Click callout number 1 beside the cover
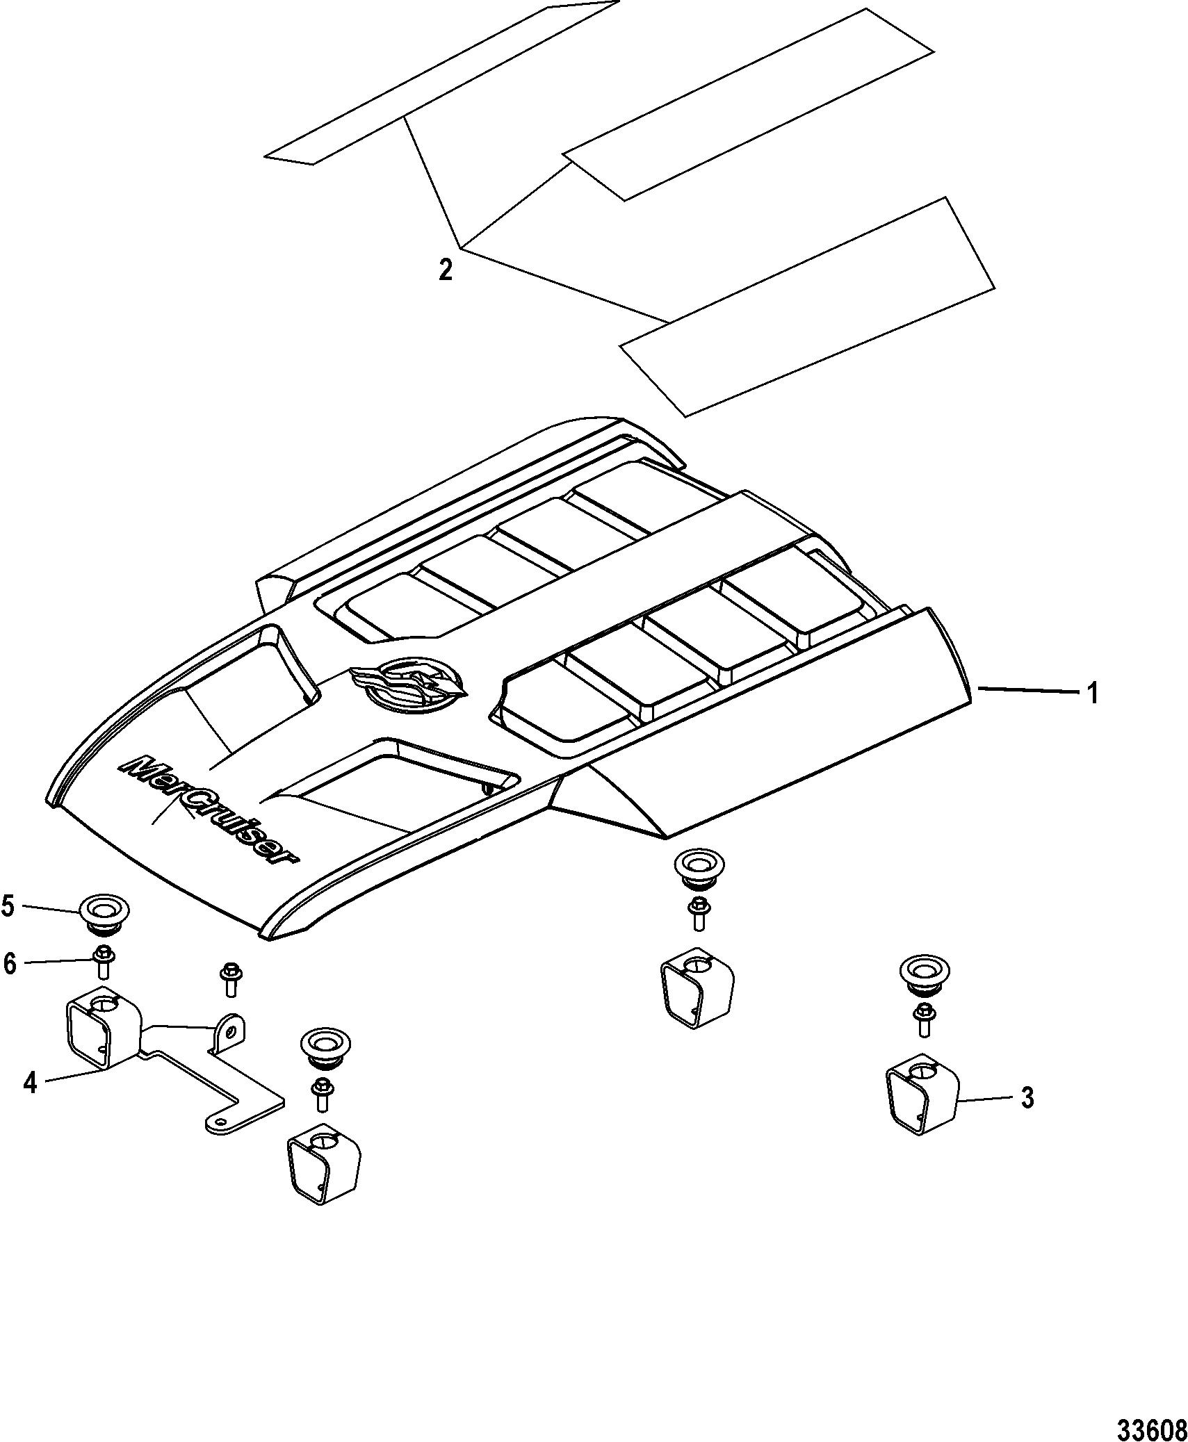point(1092,693)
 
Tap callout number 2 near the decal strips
point(446,269)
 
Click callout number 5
point(9,906)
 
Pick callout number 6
point(9,964)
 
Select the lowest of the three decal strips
point(807,306)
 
